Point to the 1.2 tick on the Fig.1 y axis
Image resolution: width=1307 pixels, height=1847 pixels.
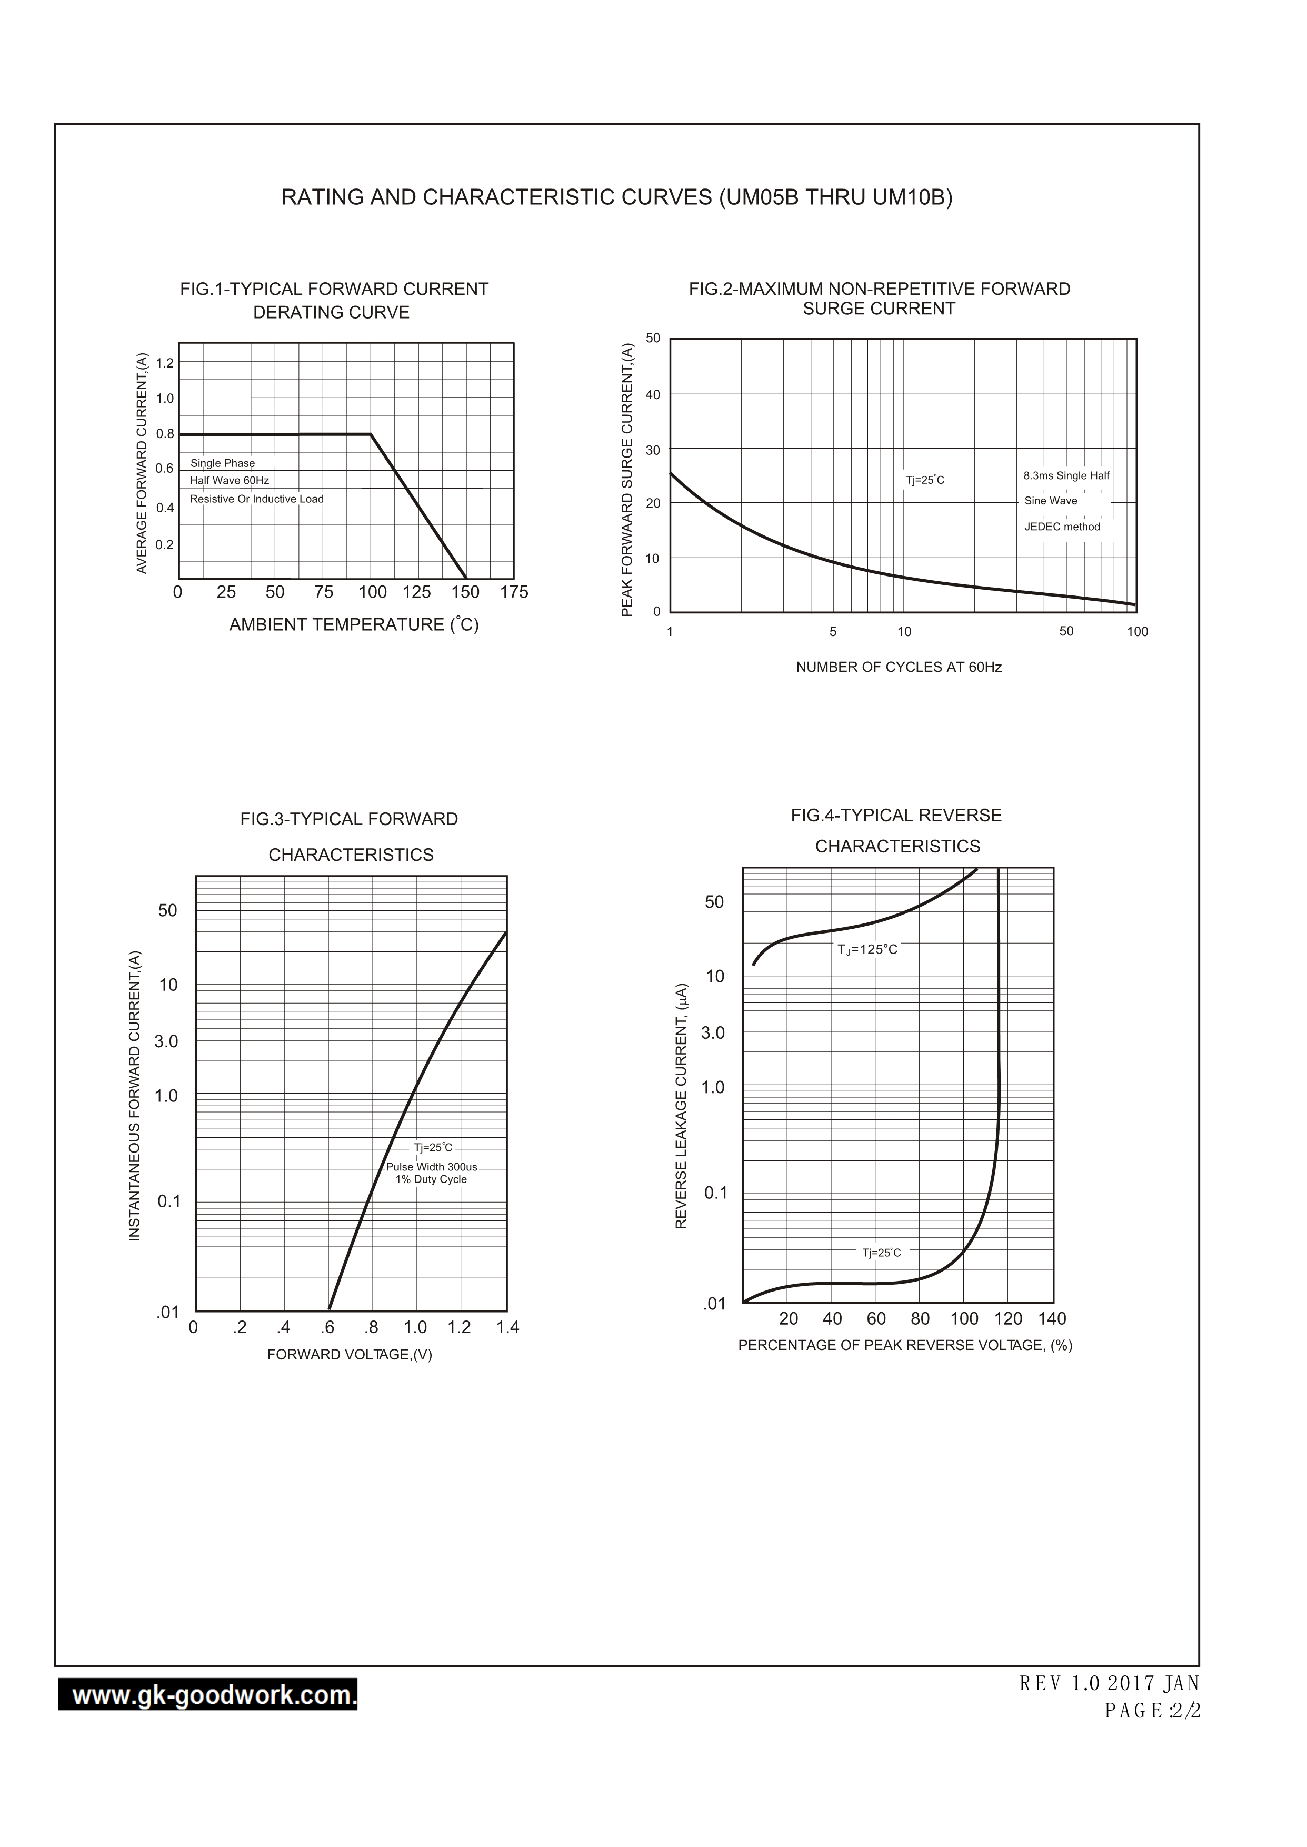[x=164, y=363]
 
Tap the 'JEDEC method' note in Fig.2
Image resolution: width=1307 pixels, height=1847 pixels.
[x=1062, y=527]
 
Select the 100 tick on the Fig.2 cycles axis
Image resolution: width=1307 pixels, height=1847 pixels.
[x=1136, y=632]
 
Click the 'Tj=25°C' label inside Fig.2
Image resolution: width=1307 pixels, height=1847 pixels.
[x=925, y=481]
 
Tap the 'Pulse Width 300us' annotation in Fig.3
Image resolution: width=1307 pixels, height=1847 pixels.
[x=432, y=1167]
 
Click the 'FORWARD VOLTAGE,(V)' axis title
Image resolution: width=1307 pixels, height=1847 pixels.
[x=350, y=1355]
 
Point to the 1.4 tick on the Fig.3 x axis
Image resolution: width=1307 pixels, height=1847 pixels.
[x=507, y=1327]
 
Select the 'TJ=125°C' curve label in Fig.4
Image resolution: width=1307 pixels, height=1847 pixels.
[x=867, y=950]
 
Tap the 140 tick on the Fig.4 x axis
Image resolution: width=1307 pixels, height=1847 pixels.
[x=1052, y=1318]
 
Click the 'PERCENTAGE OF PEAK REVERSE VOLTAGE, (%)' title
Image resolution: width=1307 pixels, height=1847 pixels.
[x=905, y=1346]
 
